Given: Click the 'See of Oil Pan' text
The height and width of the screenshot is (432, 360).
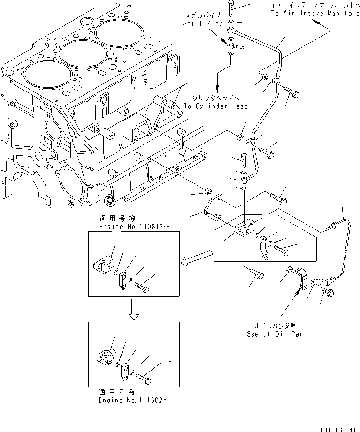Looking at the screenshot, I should click(x=275, y=333).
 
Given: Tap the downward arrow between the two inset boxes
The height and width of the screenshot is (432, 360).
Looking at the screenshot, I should click(x=133, y=310).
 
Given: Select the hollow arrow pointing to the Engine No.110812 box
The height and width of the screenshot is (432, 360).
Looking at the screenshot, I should click(x=197, y=258).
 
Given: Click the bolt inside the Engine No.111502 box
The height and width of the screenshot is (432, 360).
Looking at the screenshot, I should click(x=145, y=376).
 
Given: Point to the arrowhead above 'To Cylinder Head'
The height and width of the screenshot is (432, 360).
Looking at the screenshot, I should click(x=217, y=88).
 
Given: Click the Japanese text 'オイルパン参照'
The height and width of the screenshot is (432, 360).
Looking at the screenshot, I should click(x=275, y=325).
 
